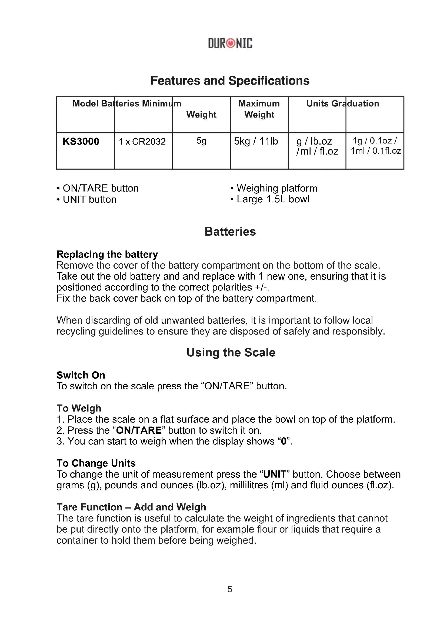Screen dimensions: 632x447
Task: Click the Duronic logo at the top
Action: pyautogui.click(x=230, y=43)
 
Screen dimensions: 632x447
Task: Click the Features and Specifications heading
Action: pyautogui.click(x=230, y=81)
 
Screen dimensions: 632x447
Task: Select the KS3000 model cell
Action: pyautogui.click(x=81, y=142)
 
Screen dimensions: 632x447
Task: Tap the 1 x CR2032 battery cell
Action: pyautogui.click(x=142, y=142)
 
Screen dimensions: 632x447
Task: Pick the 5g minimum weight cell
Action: pyautogui.click(x=201, y=141)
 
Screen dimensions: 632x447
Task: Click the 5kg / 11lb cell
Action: pyautogui.click(x=256, y=141)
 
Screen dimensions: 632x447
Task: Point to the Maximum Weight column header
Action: pyautogui.click(x=259, y=109)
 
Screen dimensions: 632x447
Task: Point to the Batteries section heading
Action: pyautogui.click(x=230, y=232)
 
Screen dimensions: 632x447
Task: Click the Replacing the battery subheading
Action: pyautogui.click(x=107, y=254)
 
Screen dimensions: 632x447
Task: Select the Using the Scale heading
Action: pyautogui.click(x=231, y=352)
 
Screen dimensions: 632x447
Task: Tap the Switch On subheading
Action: pyautogui.click(x=81, y=375)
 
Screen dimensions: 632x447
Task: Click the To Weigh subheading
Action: pyautogui.click(x=79, y=408)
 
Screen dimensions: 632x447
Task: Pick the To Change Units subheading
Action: pyautogui.click(x=96, y=463)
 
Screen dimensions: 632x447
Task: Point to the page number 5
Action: pyautogui.click(x=230, y=589)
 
